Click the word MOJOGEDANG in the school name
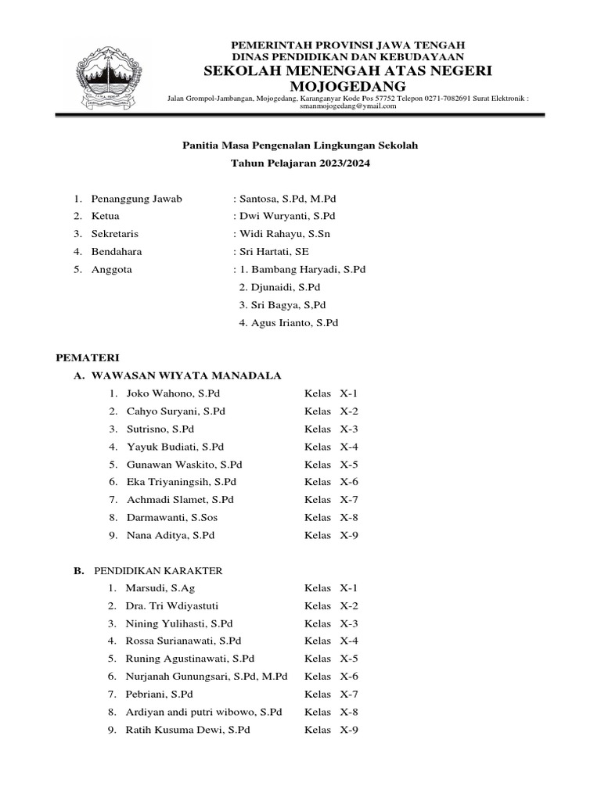pyautogui.click(x=348, y=86)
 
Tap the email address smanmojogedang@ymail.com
pyautogui.click(x=348, y=106)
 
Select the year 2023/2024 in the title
pyautogui.click(x=340, y=163)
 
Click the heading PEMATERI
pyautogui.click(x=87, y=357)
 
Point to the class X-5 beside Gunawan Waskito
pyautogui.click(x=348, y=464)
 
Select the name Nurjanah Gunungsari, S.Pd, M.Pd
pyautogui.click(x=207, y=677)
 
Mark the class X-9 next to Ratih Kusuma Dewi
pyautogui.click(x=348, y=730)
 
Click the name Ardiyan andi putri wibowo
pyautogui.click(x=203, y=712)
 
